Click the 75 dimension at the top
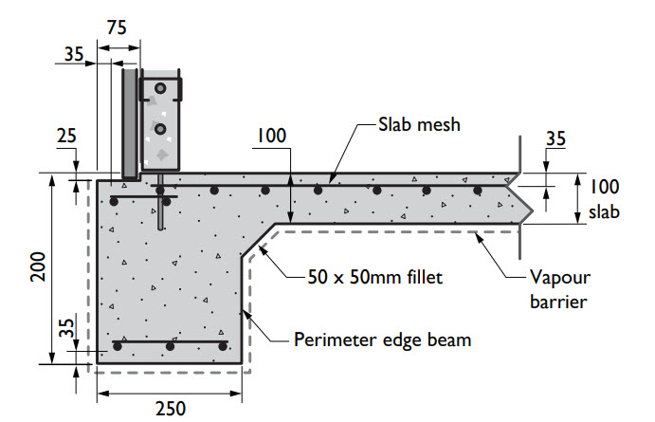[118, 27]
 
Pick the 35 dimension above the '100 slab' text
[556, 138]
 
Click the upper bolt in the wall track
[161, 89]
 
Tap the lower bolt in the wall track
[161, 128]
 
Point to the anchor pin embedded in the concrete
[162, 211]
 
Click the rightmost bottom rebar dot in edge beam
[223, 348]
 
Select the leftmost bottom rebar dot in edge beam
[118, 348]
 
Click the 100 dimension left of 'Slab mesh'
[270, 138]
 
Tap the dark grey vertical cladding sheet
[130, 123]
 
